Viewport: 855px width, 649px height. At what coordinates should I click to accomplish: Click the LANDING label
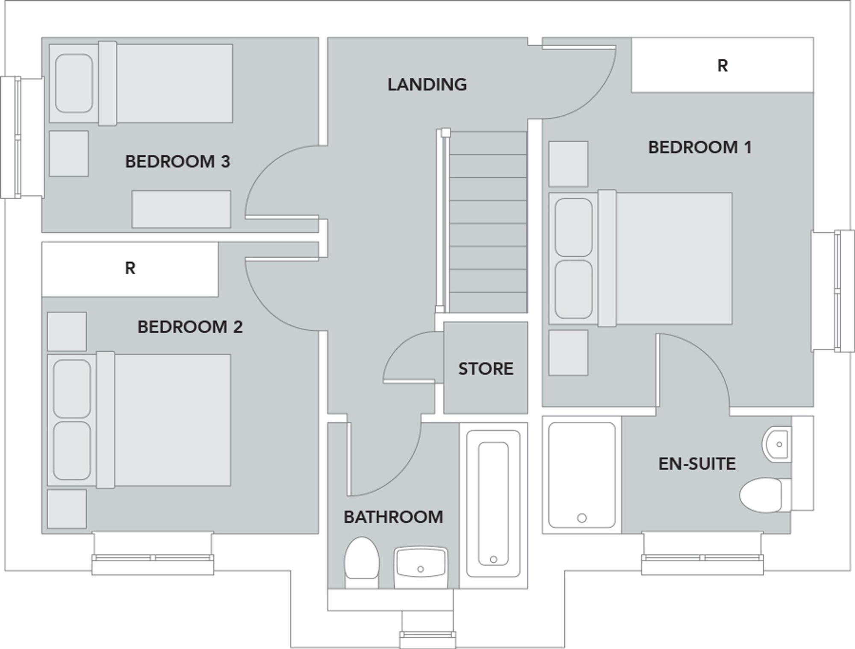427,85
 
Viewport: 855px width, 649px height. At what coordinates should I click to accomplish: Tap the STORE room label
486,369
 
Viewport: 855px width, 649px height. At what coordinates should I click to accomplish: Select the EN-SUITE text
697,464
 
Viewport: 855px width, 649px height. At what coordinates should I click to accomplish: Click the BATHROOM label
393,517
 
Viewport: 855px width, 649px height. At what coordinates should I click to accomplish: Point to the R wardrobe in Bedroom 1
722,65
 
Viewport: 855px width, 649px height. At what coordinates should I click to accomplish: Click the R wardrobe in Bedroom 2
130,268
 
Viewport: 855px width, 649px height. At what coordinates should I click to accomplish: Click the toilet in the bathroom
362,562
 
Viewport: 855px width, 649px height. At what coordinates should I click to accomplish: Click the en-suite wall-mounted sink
777,444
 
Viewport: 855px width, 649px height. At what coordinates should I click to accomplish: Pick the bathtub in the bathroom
493,504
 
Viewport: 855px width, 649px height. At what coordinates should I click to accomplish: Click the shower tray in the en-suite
581,475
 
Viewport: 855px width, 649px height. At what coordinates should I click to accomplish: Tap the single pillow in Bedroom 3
74,83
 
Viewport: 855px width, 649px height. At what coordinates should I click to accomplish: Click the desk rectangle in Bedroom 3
181,209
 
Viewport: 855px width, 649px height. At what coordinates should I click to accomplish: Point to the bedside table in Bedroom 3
69,154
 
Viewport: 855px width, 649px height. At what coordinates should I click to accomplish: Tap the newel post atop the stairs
445,133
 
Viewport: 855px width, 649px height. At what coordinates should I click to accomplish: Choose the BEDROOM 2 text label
190,327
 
